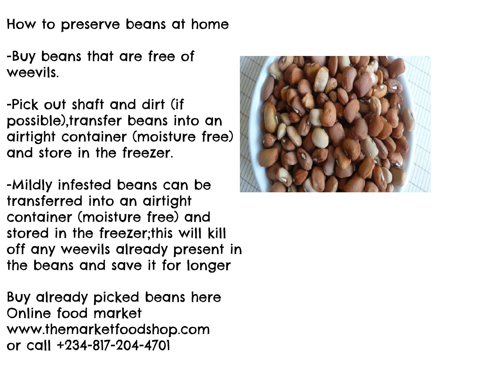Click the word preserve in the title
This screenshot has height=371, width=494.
tap(90, 25)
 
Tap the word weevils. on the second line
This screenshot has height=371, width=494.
tap(33, 73)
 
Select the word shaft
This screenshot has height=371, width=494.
tap(88, 104)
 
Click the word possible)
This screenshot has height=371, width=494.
tap(37, 122)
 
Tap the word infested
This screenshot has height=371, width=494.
tap(85, 185)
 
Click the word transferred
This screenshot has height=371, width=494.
tap(45, 201)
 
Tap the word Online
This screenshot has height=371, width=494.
tap(29, 313)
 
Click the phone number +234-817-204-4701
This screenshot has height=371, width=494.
tap(113, 346)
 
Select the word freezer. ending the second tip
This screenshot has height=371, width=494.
tap(148, 153)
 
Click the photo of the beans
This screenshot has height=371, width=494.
tap(335, 124)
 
